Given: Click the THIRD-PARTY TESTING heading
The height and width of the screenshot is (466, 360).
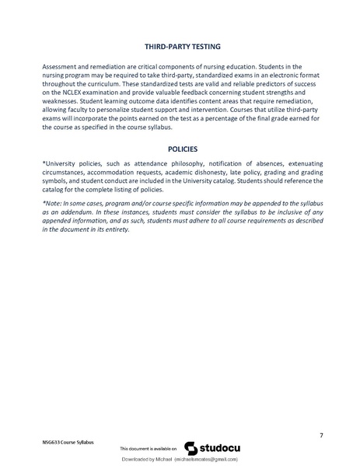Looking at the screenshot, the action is pos(180,45).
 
